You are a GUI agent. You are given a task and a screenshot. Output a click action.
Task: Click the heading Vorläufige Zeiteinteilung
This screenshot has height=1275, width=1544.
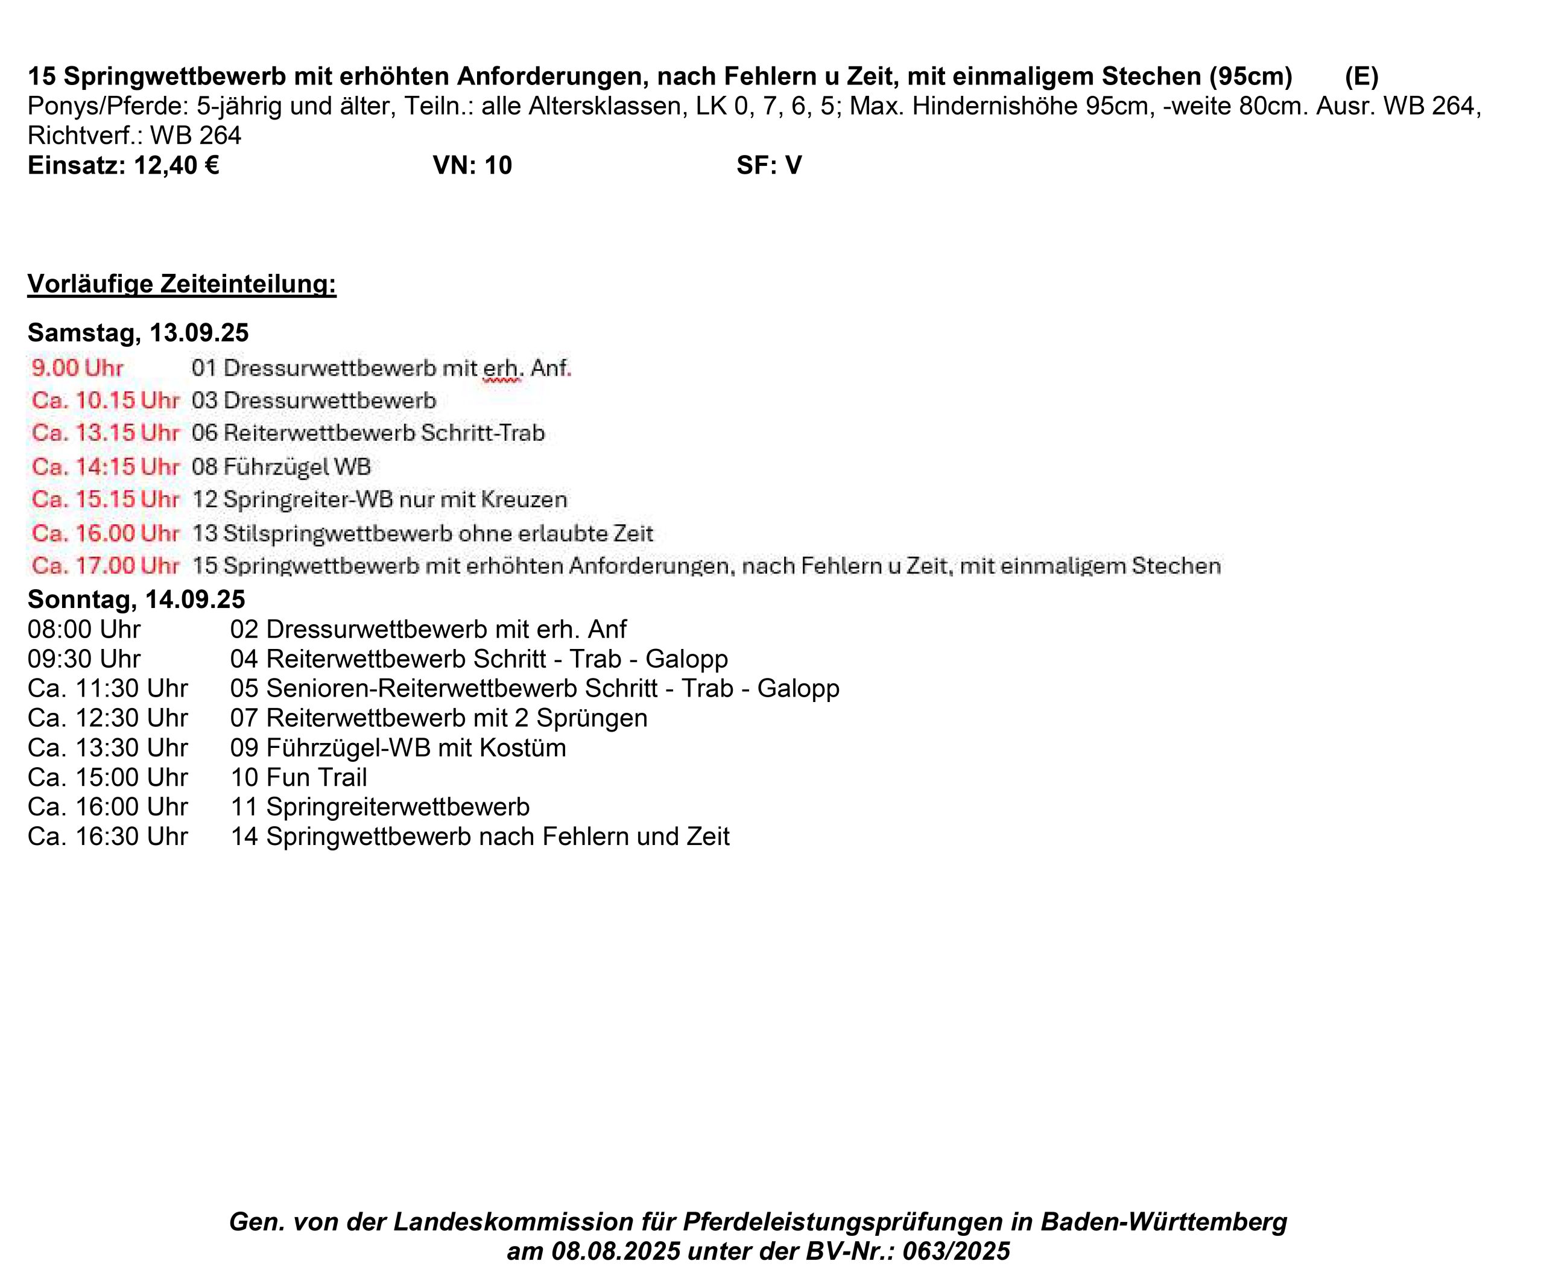click(x=182, y=283)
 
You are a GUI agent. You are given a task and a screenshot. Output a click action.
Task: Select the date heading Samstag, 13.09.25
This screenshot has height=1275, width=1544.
click(x=138, y=333)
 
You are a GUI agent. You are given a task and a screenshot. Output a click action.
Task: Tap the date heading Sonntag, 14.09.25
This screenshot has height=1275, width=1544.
click(x=136, y=600)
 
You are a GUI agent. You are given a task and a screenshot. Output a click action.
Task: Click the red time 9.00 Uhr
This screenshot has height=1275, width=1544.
click(x=77, y=367)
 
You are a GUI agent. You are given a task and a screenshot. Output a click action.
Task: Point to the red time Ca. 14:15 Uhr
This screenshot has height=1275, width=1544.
click(x=105, y=466)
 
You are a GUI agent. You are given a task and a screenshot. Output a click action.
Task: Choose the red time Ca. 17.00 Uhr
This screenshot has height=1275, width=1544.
click(x=105, y=566)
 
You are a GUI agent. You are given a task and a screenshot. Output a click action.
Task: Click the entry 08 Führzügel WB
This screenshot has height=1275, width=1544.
click(x=281, y=466)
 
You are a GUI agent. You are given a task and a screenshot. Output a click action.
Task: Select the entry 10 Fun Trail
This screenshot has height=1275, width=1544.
click(x=298, y=777)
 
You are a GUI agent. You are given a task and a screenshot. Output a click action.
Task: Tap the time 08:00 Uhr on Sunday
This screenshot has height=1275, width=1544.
click(x=84, y=630)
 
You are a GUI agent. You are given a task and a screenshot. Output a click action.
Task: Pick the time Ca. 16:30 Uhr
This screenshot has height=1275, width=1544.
click(x=107, y=837)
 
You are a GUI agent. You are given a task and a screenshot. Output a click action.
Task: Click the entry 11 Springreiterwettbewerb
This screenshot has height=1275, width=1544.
click(x=380, y=806)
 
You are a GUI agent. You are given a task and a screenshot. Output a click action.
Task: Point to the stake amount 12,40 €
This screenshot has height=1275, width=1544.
click(x=176, y=166)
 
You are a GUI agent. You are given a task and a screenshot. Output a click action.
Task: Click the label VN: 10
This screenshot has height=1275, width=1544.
click(x=472, y=166)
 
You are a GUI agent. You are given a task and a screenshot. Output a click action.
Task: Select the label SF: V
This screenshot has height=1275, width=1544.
click(x=769, y=166)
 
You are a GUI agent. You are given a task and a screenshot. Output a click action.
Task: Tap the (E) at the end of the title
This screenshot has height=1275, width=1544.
click(x=1361, y=77)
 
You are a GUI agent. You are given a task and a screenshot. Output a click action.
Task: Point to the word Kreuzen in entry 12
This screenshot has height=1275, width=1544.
click(x=524, y=499)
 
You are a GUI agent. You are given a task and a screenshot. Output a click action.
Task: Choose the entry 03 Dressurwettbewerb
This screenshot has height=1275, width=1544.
click(x=314, y=400)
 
